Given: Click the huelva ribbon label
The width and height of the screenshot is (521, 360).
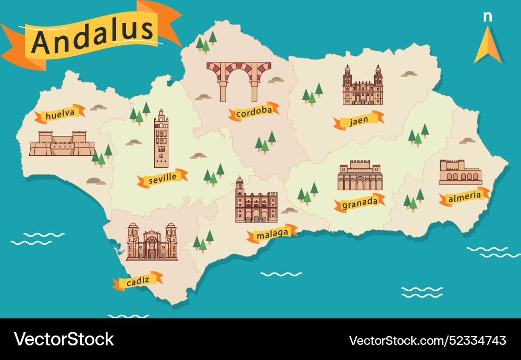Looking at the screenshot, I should click(x=59, y=115).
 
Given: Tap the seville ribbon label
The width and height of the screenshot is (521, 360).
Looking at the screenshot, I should click(x=162, y=179).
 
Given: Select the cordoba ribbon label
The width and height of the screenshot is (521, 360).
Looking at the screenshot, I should click(x=254, y=111).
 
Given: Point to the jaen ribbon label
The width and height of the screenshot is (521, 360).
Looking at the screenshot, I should click(x=359, y=120).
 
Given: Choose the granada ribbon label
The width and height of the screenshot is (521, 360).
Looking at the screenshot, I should click(x=359, y=202).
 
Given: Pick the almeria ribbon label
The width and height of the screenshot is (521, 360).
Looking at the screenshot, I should click(x=464, y=196).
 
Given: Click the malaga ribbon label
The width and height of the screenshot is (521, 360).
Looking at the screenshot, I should click(x=272, y=234).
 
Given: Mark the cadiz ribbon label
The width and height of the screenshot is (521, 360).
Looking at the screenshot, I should click(x=138, y=281).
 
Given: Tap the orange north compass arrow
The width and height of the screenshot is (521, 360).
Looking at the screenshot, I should click(x=488, y=45).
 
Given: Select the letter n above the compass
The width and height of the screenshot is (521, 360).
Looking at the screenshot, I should click(x=488, y=17).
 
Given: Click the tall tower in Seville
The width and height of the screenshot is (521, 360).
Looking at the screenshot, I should click(x=161, y=139).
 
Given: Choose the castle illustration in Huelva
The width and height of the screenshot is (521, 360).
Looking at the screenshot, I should click(x=61, y=144).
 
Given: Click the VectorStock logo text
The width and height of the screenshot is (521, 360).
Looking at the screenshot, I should click(x=64, y=339).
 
